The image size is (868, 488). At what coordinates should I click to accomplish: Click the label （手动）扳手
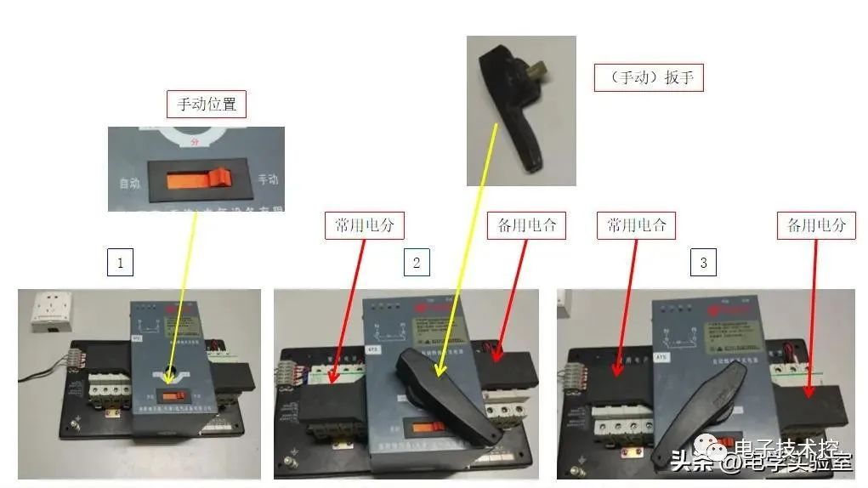point(648,78)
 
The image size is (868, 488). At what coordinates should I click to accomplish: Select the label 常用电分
point(364,225)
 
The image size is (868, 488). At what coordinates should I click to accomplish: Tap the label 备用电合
point(526,225)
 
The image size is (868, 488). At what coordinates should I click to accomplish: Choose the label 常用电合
point(636,225)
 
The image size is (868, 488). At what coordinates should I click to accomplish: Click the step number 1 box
point(120,263)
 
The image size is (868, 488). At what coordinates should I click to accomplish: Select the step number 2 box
point(416,263)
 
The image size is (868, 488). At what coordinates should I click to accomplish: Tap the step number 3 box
point(703,263)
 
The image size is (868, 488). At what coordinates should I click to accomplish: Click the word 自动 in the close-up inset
point(130,183)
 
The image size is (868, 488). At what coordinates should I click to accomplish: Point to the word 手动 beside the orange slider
point(268,179)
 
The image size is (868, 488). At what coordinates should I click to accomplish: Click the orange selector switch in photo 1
point(176,396)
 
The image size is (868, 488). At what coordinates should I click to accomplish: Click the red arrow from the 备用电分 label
point(811,315)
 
